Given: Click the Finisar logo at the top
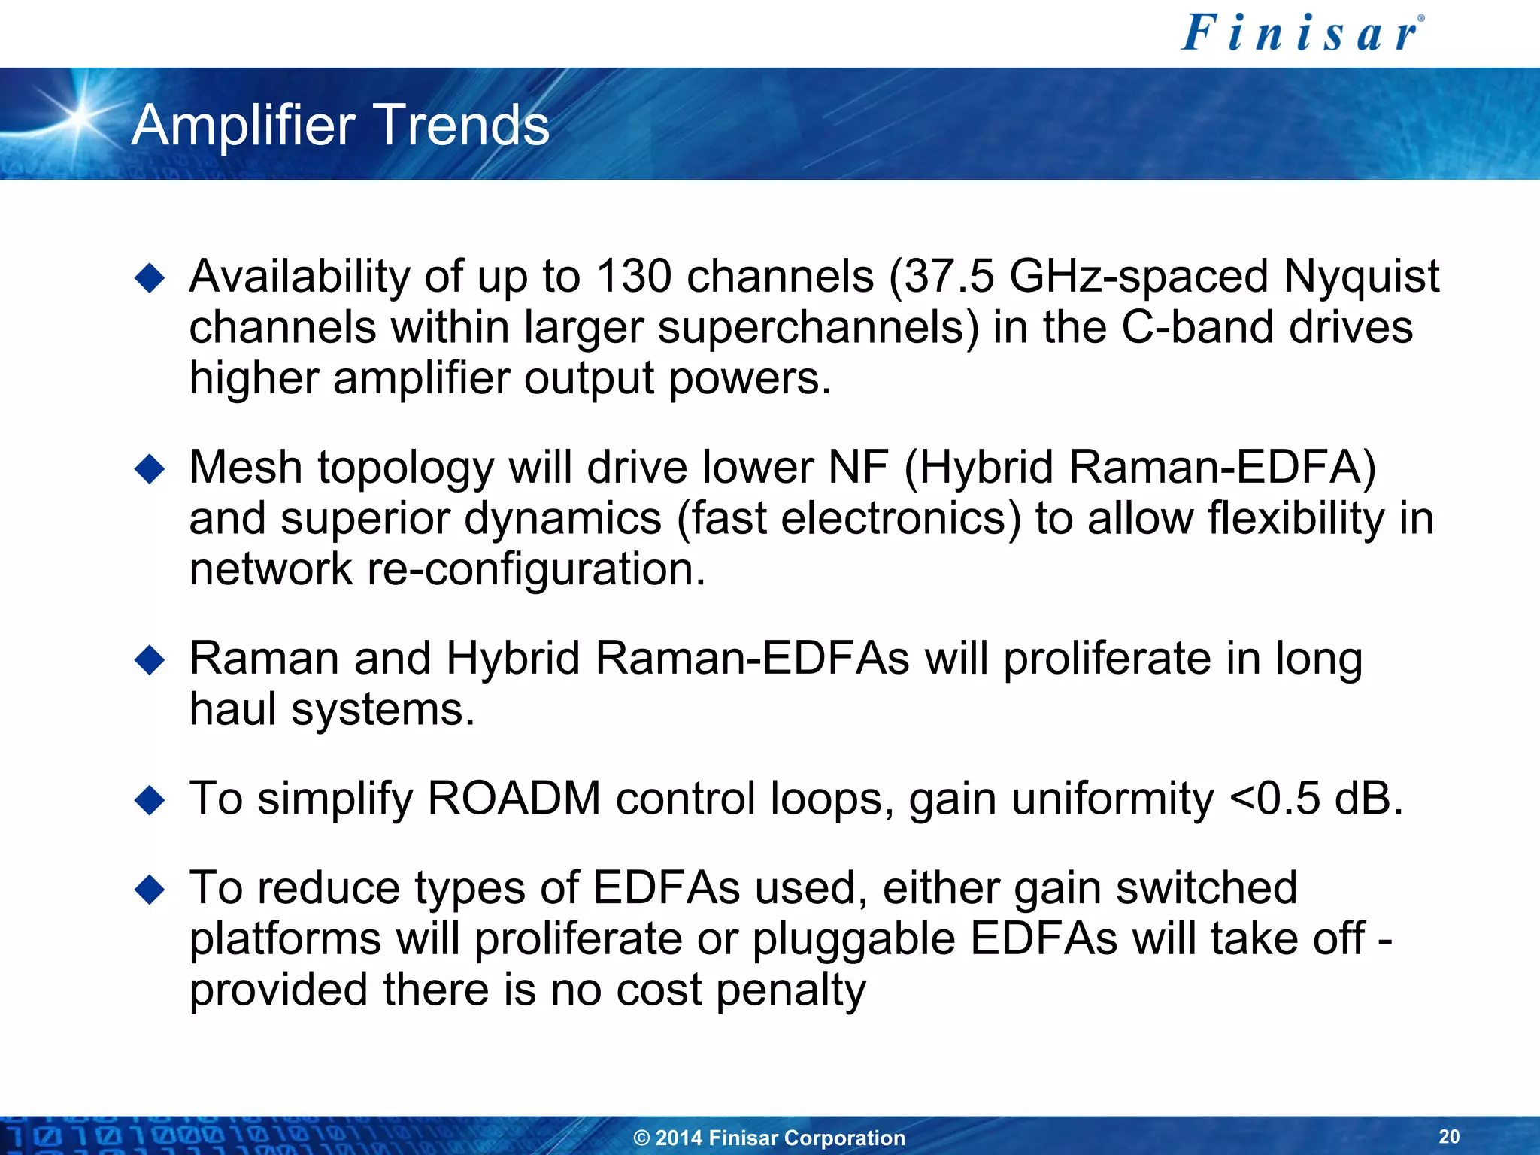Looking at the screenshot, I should [1302, 34].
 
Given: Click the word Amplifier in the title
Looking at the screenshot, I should [243, 125].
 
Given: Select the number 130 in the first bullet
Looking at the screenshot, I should [633, 276].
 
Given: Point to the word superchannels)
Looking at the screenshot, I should [819, 329].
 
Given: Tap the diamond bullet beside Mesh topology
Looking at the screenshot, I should [150, 469].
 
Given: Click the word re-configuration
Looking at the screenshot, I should [536, 570].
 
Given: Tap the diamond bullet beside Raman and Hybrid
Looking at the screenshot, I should [150, 660].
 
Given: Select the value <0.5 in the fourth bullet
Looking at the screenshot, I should [1273, 798].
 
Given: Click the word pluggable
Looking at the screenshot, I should [853, 940].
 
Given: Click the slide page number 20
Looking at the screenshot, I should [1449, 1136].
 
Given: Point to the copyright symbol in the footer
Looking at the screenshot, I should [641, 1138].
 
